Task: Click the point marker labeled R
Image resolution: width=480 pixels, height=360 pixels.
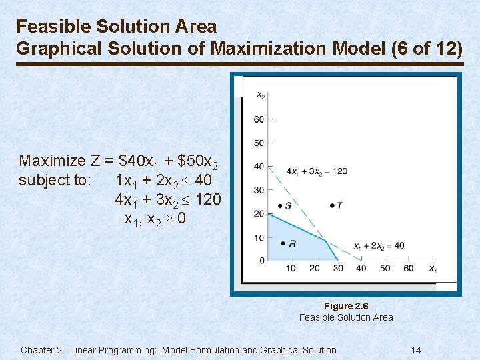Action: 283,244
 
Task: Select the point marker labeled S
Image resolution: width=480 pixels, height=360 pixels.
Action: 279,205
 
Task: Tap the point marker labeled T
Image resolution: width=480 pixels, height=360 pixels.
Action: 332,205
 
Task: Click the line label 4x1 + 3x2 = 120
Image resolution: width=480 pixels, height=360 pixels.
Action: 317,171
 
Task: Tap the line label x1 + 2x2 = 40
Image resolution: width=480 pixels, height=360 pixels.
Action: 379,246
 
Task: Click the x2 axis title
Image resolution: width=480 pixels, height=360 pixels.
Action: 261,95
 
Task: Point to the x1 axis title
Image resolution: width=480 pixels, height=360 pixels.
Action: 433,269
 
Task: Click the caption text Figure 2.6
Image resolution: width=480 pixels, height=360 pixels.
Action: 346,306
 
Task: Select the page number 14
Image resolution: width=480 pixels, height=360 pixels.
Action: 416,350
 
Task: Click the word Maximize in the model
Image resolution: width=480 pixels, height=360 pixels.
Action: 53,161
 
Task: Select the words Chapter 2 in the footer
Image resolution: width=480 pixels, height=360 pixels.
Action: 43,350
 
